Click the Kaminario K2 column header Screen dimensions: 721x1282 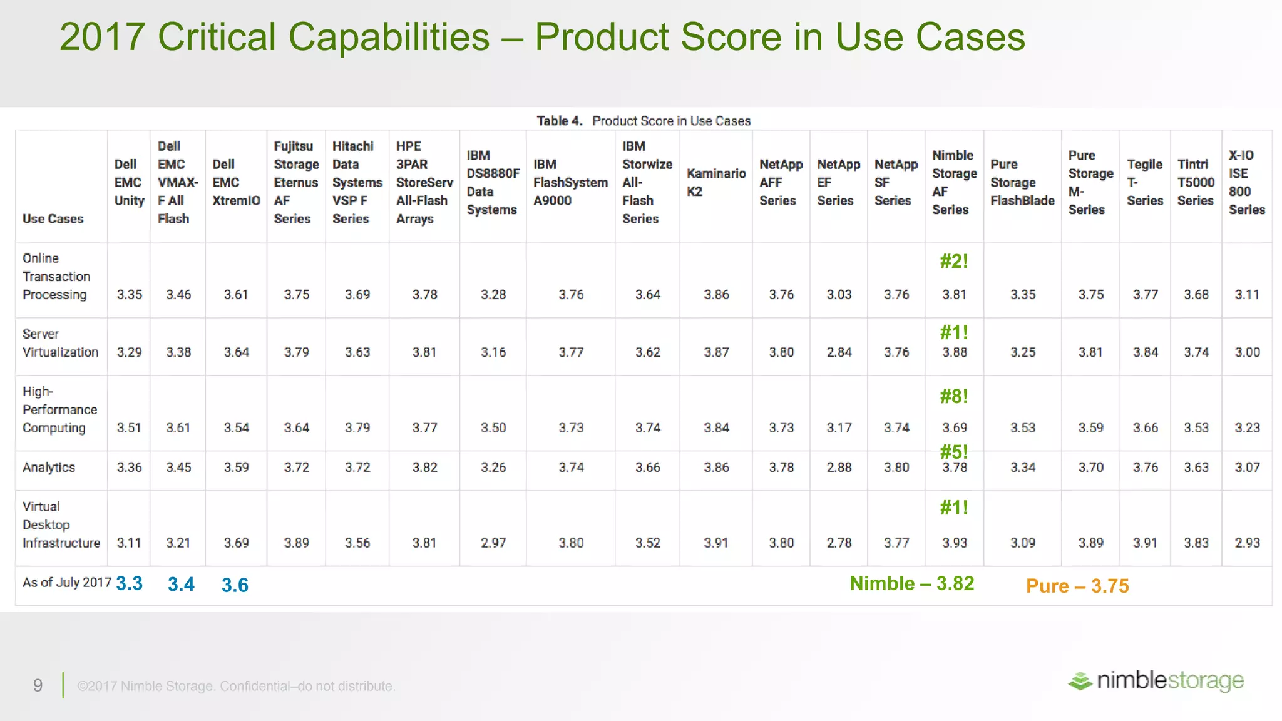pos(716,182)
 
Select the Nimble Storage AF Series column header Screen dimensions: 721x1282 pos(954,182)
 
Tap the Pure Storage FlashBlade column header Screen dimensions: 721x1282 pos(1022,182)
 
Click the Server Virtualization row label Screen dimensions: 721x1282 pos(60,343)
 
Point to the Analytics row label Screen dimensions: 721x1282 pos(49,468)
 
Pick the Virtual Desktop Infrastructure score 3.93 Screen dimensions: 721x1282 pos(954,543)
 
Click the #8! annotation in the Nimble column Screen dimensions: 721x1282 pos(954,396)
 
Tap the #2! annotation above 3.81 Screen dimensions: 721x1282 pos(954,262)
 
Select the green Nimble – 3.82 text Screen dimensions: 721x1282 pos(911,584)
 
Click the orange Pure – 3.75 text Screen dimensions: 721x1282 pos(1077,586)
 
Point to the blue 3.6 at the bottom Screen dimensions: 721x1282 pos(235,585)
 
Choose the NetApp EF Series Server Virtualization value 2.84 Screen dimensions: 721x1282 pos(839,352)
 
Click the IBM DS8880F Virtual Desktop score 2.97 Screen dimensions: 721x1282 pos(493,543)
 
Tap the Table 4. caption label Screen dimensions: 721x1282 pos(559,121)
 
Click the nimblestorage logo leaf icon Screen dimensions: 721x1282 pos(1080,681)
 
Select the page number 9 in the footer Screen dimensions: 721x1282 pos(38,686)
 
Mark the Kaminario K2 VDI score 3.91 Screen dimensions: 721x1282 pos(715,543)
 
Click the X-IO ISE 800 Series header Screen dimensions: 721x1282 pos(1246,182)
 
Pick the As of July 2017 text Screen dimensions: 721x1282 pos(66,583)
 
